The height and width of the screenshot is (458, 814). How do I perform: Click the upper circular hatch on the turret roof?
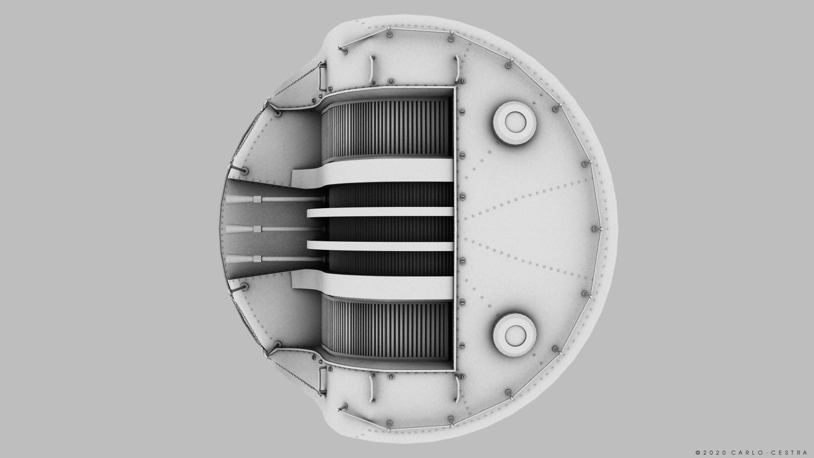515,123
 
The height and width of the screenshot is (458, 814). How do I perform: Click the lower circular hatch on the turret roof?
515,335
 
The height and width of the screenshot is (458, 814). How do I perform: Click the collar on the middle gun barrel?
257,229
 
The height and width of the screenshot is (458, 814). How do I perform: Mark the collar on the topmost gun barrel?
257,199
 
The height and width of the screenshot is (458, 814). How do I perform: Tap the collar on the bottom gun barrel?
257,259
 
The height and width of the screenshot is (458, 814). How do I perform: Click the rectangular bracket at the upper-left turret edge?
323,75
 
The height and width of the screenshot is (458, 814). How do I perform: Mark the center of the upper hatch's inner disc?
515,122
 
